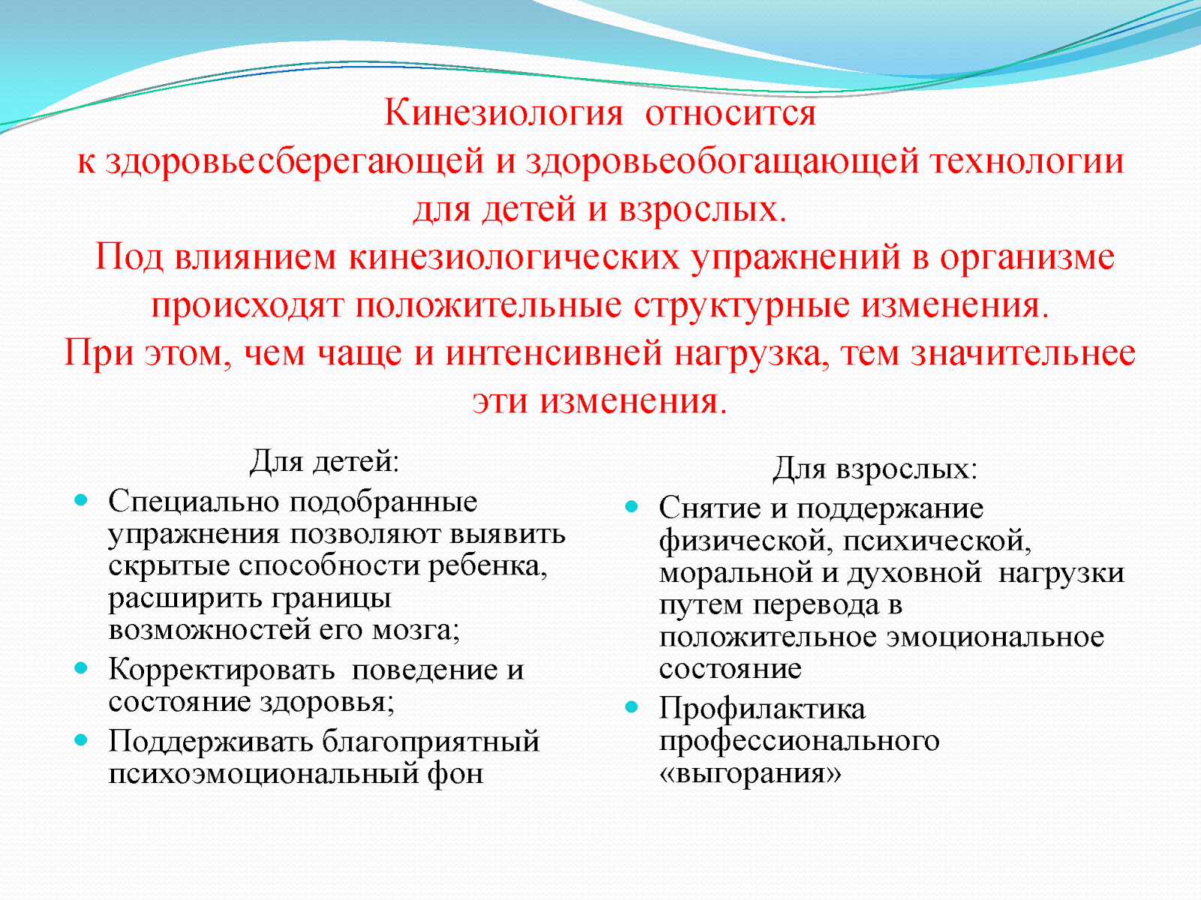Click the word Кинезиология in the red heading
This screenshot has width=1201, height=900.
click(x=503, y=114)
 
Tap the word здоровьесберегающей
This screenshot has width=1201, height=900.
click(x=294, y=162)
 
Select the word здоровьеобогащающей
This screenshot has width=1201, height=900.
click(x=722, y=162)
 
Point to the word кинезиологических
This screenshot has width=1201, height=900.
click(x=513, y=258)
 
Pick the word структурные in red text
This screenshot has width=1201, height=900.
click(x=742, y=306)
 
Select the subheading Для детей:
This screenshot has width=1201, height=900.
click(x=324, y=461)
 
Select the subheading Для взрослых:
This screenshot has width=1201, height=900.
click(x=875, y=469)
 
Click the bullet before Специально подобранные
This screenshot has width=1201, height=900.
click(x=81, y=499)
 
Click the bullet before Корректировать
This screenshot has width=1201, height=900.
click(x=81, y=667)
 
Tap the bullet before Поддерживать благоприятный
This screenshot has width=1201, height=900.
click(x=81, y=739)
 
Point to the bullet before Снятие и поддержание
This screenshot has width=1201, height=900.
click(x=632, y=507)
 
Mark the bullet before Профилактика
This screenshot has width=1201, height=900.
click(x=632, y=706)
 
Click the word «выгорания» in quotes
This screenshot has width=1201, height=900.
click(x=750, y=773)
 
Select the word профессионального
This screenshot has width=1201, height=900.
click(x=799, y=741)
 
